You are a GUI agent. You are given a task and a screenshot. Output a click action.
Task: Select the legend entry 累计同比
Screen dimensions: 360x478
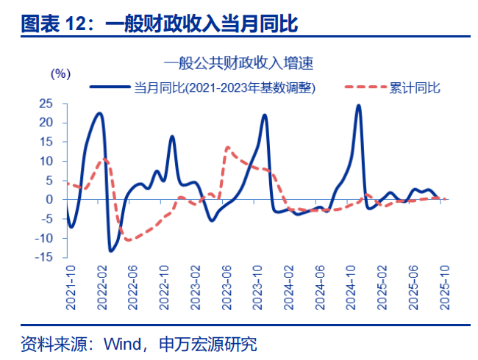[x=415, y=87]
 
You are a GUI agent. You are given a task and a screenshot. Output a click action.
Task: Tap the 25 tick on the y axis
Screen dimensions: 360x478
[x=46, y=104]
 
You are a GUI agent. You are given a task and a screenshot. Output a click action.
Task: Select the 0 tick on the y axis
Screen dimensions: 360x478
[x=50, y=199]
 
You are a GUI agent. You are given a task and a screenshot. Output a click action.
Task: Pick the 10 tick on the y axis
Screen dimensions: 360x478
[x=46, y=161]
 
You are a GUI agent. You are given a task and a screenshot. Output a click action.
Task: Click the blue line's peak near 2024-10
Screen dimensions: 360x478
[x=358, y=106]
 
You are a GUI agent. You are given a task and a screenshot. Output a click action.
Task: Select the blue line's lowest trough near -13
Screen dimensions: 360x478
[x=110, y=251]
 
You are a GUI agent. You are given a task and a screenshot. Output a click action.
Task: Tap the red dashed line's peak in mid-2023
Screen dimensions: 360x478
[x=227, y=148]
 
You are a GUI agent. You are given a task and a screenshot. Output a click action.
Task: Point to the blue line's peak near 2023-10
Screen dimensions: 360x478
[x=264, y=115]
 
